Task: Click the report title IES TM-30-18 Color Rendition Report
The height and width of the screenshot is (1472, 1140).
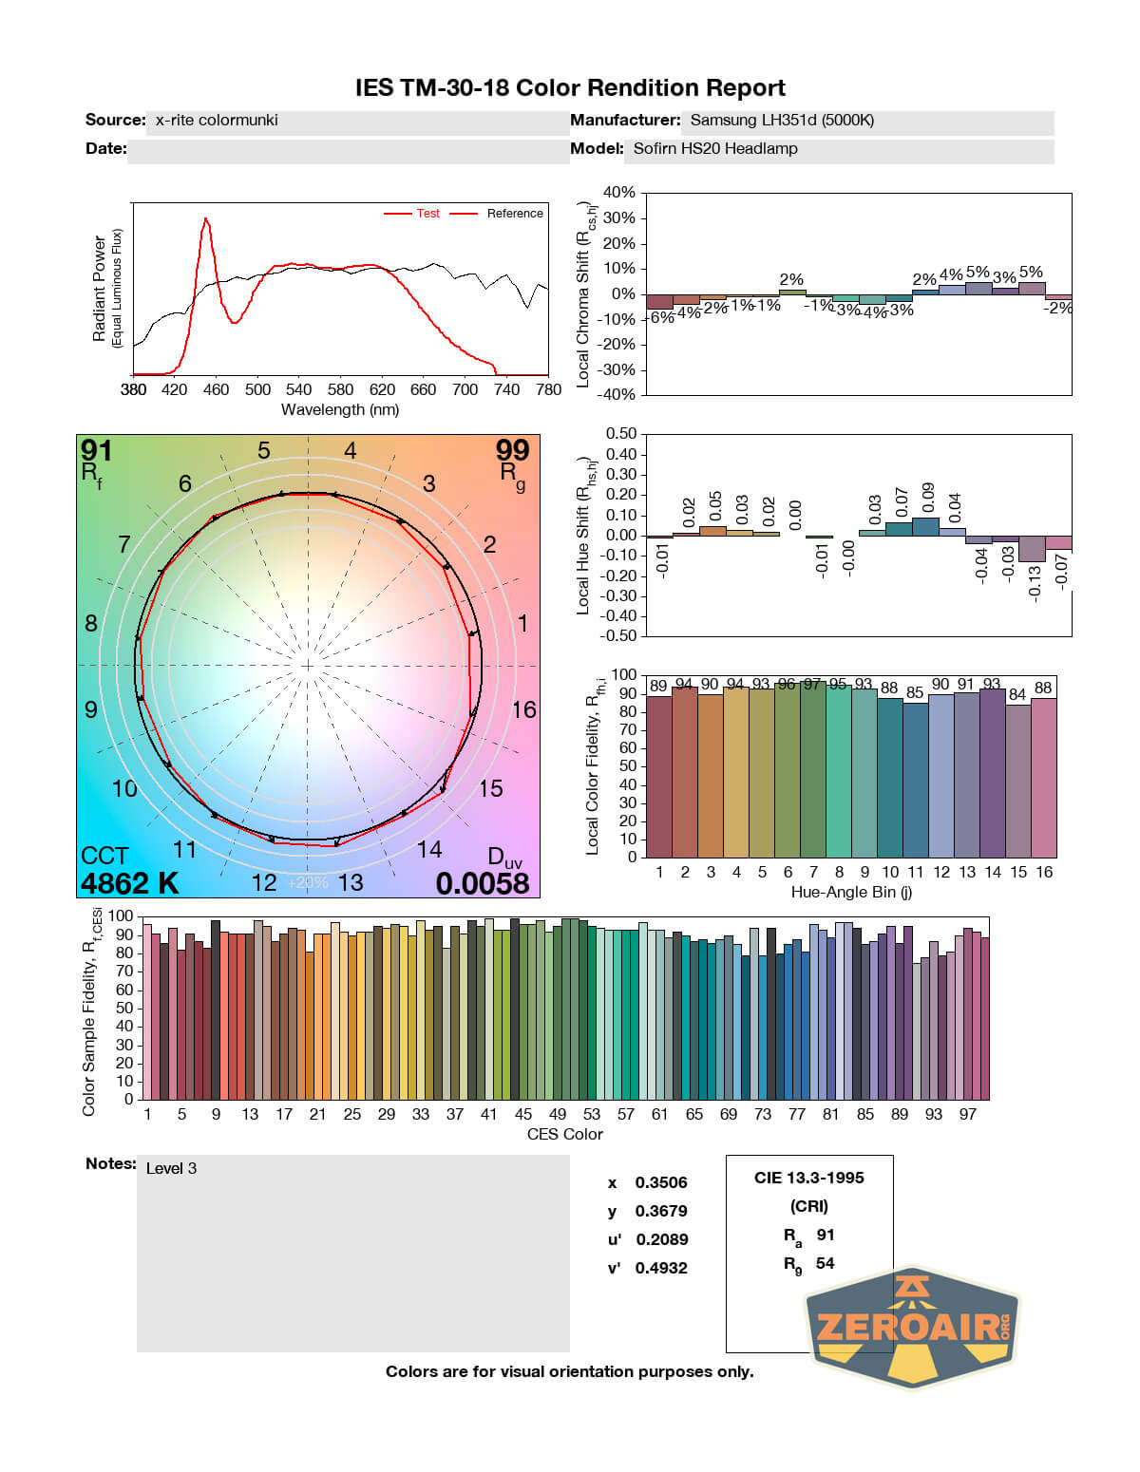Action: tap(570, 88)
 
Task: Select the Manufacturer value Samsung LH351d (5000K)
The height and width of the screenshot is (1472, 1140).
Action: tap(781, 121)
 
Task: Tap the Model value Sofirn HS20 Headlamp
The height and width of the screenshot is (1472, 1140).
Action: tap(715, 149)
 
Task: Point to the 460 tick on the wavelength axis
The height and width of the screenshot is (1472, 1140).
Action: tap(216, 389)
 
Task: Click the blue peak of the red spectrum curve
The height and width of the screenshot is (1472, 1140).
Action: tap(205, 219)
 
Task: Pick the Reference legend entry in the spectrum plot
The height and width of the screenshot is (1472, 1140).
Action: tap(514, 214)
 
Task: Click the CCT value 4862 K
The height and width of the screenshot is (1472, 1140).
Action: tap(129, 883)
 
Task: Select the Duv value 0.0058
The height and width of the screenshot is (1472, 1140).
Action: tap(482, 883)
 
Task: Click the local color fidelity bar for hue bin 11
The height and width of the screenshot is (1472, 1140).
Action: tap(916, 779)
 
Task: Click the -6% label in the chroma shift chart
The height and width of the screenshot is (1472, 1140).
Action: tap(661, 318)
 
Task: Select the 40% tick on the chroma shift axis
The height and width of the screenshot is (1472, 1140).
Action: tap(618, 193)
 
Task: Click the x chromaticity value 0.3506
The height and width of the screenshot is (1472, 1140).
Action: tap(661, 1182)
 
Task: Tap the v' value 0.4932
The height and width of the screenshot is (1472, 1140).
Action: tap(661, 1268)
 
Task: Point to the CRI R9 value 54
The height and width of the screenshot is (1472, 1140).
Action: tap(825, 1263)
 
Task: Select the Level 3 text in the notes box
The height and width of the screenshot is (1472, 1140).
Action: tap(171, 1168)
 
